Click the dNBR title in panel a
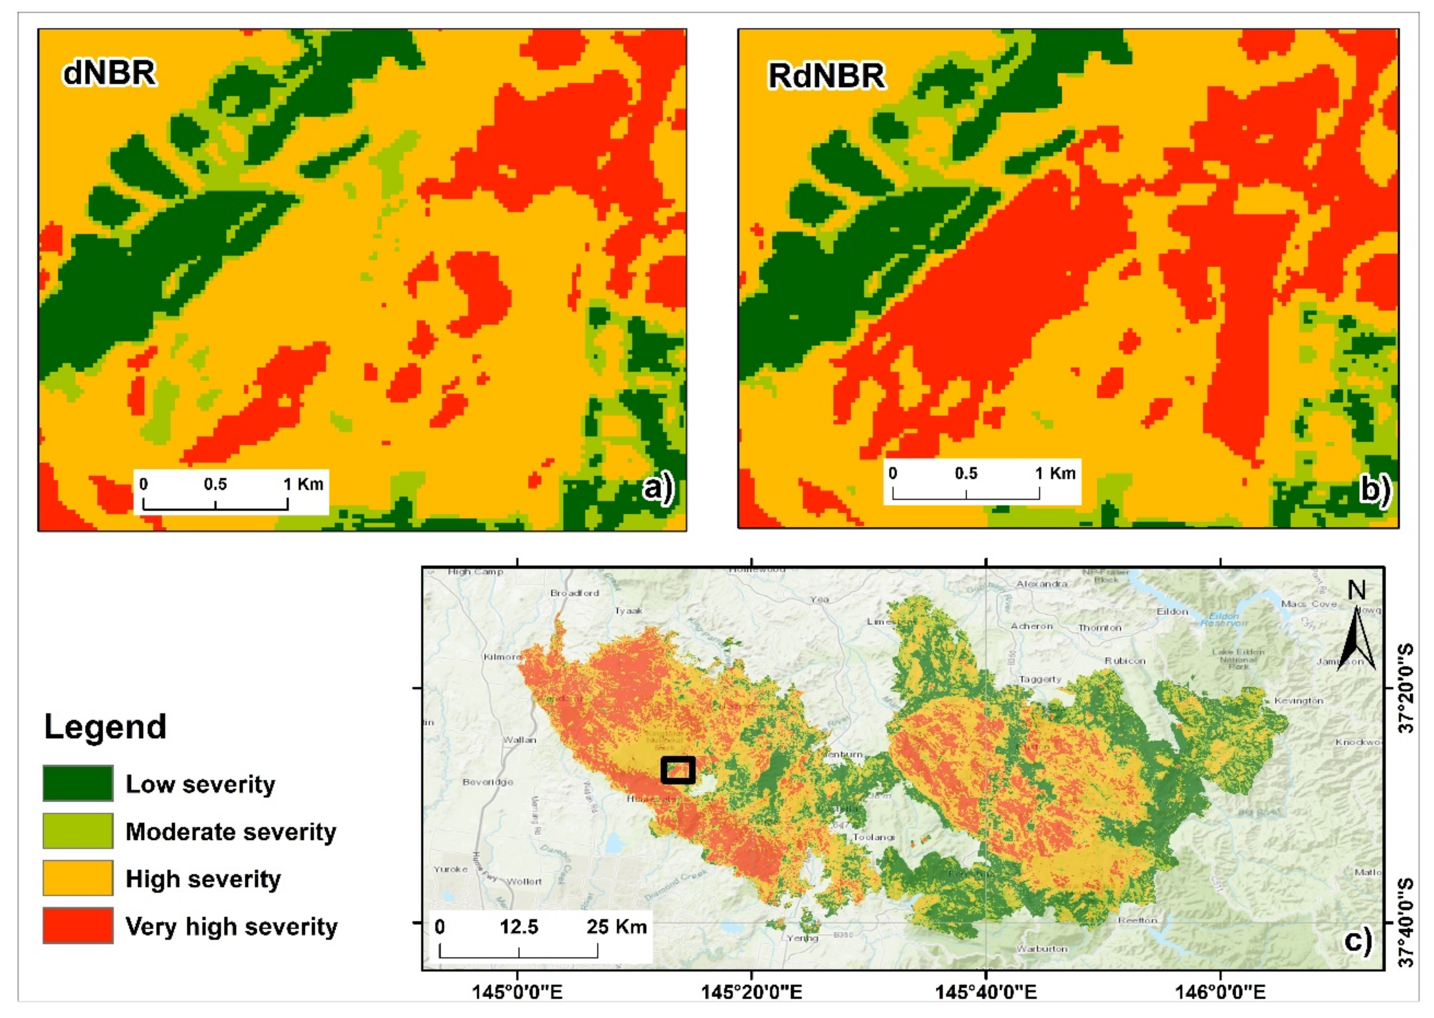[x=109, y=73]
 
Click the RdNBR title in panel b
[x=827, y=76]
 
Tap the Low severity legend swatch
[x=78, y=783]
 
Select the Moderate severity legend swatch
[x=78, y=830]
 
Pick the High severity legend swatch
[x=78, y=878]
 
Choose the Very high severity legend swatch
[x=78, y=925]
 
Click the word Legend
[x=105, y=727]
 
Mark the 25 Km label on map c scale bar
[x=616, y=926]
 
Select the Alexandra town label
[x=1042, y=584]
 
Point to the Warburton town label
[x=1042, y=949]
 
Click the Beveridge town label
[x=488, y=782]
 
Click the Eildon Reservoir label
[x=1224, y=619]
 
